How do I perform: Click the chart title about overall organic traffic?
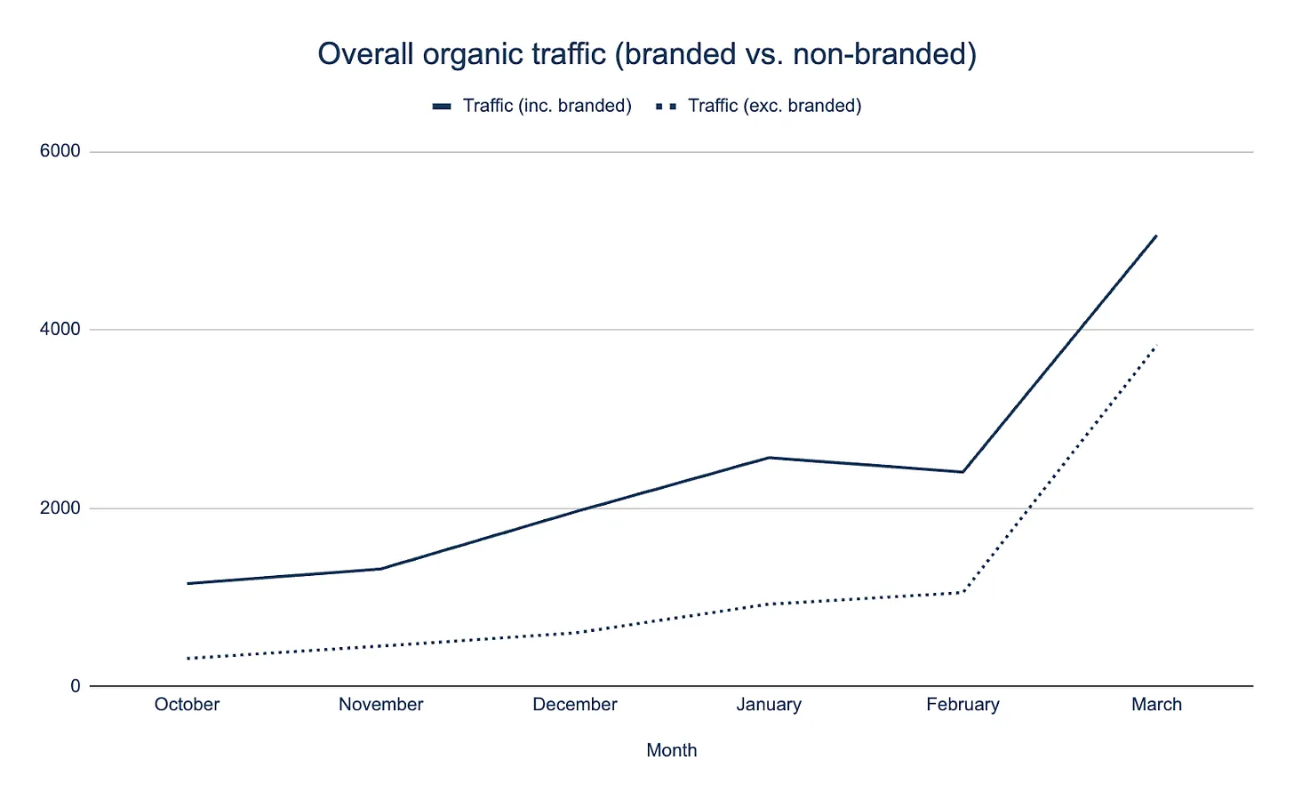pyautogui.click(x=647, y=54)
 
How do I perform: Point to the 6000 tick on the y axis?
pyautogui.click(x=60, y=151)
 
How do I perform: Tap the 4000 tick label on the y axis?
pyautogui.click(x=60, y=329)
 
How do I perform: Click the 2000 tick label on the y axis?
pyautogui.click(x=60, y=508)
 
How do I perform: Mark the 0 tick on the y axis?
pyautogui.click(x=76, y=686)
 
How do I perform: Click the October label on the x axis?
pyautogui.click(x=187, y=705)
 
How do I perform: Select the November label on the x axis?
pyautogui.click(x=380, y=705)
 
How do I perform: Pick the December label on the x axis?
pyautogui.click(x=574, y=705)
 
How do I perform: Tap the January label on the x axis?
pyautogui.click(x=769, y=705)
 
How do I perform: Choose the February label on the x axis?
pyautogui.click(x=963, y=705)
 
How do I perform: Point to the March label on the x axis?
pyautogui.click(x=1156, y=705)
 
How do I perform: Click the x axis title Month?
pyautogui.click(x=671, y=750)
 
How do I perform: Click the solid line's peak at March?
pyautogui.click(x=1156, y=236)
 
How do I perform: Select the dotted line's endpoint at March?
pyautogui.click(x=1156, y=345)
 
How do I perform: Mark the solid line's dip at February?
pyautogui.click(x=963, y=472)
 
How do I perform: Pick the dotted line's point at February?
pyautogui.click(x=963, y=592)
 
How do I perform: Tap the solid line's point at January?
pyautogui.click(x=769, y=458)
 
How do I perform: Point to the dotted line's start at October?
pyautogui.click(x=188, y=659)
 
